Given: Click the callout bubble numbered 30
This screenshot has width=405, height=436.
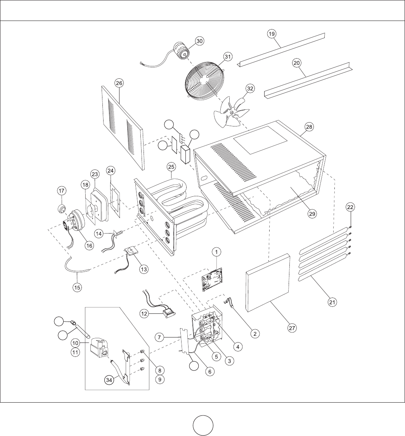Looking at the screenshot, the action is pos(199,41).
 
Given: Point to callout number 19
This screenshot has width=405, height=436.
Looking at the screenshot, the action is pos(272,34).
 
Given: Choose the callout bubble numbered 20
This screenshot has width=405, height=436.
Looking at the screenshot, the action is pos(297,63).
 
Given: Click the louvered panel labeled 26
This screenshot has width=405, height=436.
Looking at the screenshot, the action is pos(122,128).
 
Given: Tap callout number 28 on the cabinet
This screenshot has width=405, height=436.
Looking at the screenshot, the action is pos(309,127).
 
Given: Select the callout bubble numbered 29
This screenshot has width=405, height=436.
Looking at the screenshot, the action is pos(312,214).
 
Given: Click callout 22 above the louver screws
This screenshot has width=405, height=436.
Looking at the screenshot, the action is pos(350,207).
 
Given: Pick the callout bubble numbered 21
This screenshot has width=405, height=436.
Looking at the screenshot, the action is pos(332,302).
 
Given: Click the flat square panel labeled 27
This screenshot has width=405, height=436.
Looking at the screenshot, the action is pos(268,282).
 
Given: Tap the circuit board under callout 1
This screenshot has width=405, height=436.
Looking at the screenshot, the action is pos(212,279).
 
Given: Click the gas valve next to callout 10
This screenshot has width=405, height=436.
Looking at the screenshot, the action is pos(99,348).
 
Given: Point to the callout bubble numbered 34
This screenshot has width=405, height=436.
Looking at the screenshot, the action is pos(110,380).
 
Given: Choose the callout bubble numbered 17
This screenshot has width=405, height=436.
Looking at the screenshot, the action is pos(62,191).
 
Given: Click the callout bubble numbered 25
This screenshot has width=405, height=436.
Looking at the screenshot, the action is pos(171,167).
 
